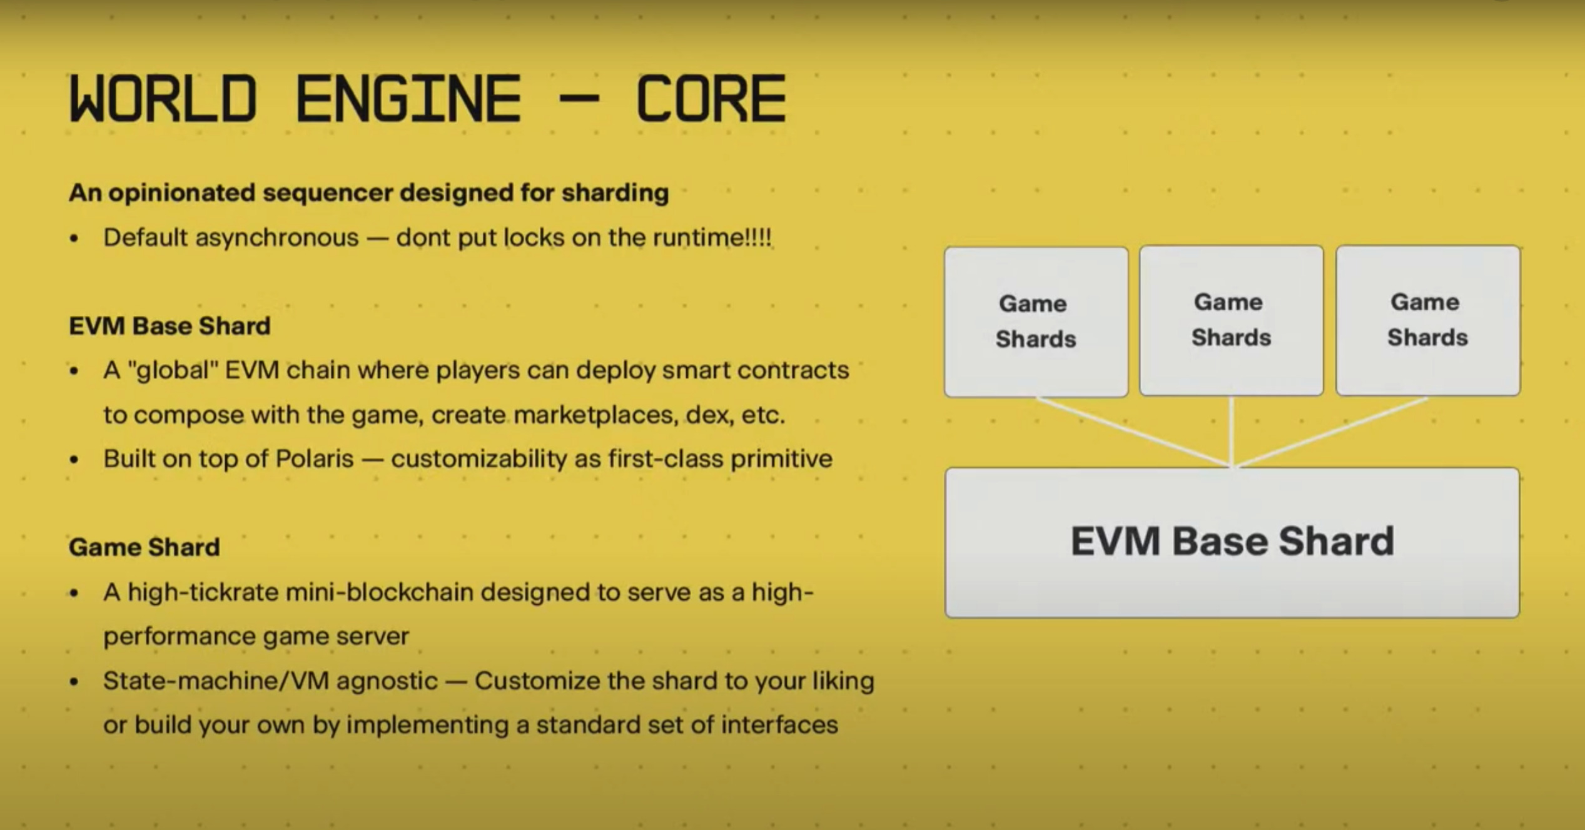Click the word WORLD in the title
pyautogui.click(x=163, y=98)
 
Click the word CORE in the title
pyautogui.click(x=711, y=98)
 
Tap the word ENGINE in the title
pyautogui.click(x=408, y=98)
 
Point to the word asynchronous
pyautogui.click(x=276, y=238)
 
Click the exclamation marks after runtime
pyautogui.click(x=758, y=237)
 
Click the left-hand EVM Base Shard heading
pyautogui.click(x=170, y=326)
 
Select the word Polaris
pyautogui.click(x=315, y=458)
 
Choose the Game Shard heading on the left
pyautogui.click(x=144, y=547)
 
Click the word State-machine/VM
pyautogui.click(x=216, y=681)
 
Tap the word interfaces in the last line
pyautogui.click(x=779, y=725)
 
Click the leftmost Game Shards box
pyautogui.click(x=1036, y=322)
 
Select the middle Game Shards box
pyautogui.click(x=1232, y=321)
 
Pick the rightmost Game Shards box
pyautogui.click(x=1428, y=321)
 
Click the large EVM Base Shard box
pyautogui.click(x=1232, y=542)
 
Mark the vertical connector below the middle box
pyautogui.click(x=1232, y=432)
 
